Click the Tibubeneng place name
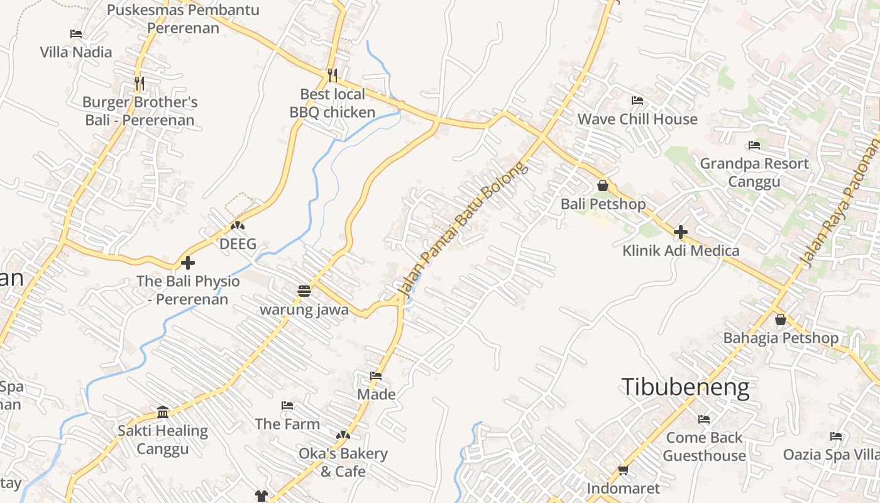(685, 387)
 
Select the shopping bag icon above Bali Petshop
(603, 185)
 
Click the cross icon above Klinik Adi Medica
(680, 232)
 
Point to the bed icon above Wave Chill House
(637, 101)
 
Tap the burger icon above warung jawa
(304, 291)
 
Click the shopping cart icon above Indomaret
(623, 470)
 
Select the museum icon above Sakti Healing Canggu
(163, 412)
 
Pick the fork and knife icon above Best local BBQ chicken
(333, 75)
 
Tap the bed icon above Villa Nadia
(76, 34)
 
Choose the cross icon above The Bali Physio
(187, 263)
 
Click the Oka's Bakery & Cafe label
(343, 462)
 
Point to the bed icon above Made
(376, 376)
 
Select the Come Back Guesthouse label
(704, 446)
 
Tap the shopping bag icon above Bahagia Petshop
(780, 319)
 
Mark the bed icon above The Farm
(287, 406)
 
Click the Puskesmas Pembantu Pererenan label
(183, 19)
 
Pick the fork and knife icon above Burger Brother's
(139, 83)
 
